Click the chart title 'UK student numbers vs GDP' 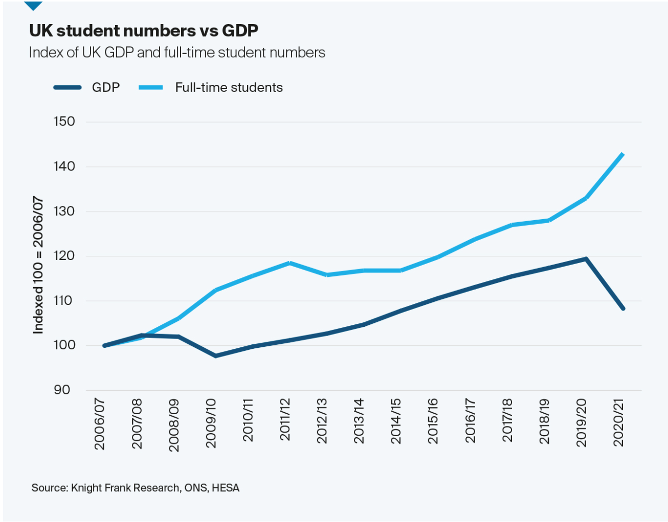[x=144, y=31]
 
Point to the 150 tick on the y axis [x=64, y=122]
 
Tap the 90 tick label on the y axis [x=62, y=390]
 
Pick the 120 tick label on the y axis [x=64, y=256]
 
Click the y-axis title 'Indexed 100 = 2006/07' [x=38, y=265]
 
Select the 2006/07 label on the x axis [x=100, y=424]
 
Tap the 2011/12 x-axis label [x=285, y=420]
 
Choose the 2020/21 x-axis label [x=618, y=422]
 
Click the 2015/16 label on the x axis [x=433, y=421]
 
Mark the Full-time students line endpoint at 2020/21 [x=623, y=154]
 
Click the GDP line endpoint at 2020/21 [x=623, y=309]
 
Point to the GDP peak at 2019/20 [x=586, y=258]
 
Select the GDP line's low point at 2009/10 [x=215, y=355]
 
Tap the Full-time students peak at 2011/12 [x=290, y=263]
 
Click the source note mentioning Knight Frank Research [x=135, y=488]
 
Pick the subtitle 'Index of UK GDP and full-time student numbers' [x=177, y=53]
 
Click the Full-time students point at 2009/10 [x=215, y=290]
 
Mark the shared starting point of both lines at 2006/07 [x=104, y=346]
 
